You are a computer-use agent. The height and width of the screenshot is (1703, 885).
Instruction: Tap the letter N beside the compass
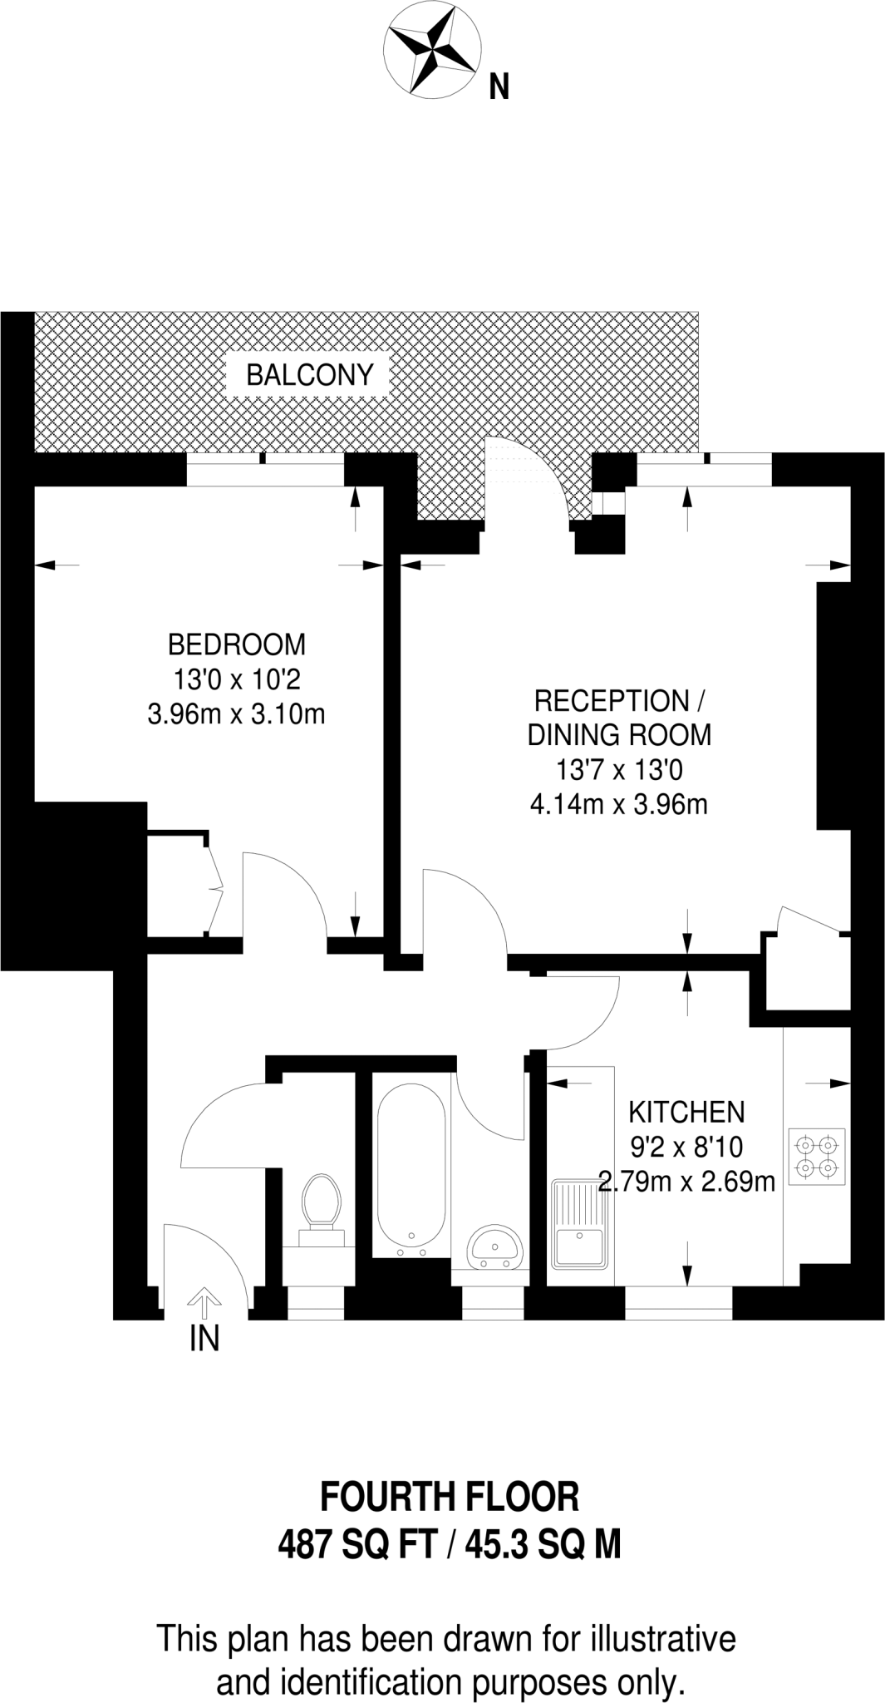(x=499, y=86)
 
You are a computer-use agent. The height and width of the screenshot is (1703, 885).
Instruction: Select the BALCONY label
(x=309, y=376)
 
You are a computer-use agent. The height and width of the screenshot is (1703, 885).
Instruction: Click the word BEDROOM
(x=237, y=644)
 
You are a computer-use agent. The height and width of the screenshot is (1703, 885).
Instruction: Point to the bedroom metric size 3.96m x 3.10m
(x=236, y=714)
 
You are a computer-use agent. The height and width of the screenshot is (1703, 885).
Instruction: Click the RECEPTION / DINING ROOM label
(x=619, y=718)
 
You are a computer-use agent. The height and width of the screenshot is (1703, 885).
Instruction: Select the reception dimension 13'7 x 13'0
(x=619, y=771)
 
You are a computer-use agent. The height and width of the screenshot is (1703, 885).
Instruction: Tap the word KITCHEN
(x=686, y=1112)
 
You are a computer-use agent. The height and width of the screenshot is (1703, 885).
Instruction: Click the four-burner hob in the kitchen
(x=816, y=1157)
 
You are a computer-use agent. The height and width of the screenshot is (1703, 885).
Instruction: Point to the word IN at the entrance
(x=204, y=1340)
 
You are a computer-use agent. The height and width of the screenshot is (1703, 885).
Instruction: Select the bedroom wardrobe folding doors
(x=214, y=890)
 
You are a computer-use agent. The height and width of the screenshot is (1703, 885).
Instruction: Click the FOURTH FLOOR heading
(x=450, y=1497)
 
